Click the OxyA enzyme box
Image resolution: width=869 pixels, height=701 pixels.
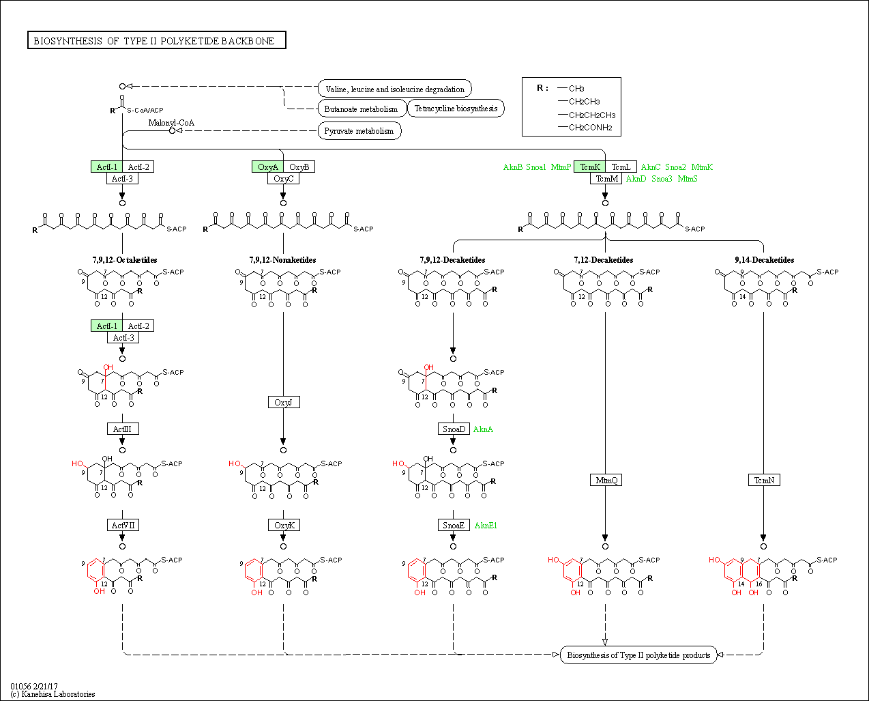[x=267, y=167]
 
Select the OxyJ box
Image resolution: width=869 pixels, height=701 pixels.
[x=283, y=403]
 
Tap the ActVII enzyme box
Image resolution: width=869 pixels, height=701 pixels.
[x=123, y=525]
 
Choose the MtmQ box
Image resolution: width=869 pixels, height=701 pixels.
[x=606, y=481]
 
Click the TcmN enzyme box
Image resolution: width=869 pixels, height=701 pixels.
[x=764, y=481]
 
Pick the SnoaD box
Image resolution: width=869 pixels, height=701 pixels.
[x=454, y=429]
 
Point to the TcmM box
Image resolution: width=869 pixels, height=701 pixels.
[x=606, y=179]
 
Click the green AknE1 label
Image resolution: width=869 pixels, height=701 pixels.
[x=486, y=526]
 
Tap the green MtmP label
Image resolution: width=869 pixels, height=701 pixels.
[x=561, y=167]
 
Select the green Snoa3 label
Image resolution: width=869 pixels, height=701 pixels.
[x=662, y=179]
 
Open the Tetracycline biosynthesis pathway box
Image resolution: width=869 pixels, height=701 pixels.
[x=456, y=109]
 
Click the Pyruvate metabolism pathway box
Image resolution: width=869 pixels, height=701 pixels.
[x=359, y=131]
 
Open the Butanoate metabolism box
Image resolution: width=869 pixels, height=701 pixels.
[x=361, y=109]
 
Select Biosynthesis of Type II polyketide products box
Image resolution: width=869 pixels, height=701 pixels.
[x=638, y=655]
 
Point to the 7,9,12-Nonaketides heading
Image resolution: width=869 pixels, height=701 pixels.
[x=282, y=260]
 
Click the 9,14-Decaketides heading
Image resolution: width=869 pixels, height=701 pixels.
[x=764, y=260]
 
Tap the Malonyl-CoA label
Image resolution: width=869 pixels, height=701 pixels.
[x=171, y=123]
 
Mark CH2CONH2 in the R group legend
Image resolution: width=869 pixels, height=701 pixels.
[x=590, y=128]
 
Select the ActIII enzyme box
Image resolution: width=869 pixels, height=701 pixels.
[x=123, y=429]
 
